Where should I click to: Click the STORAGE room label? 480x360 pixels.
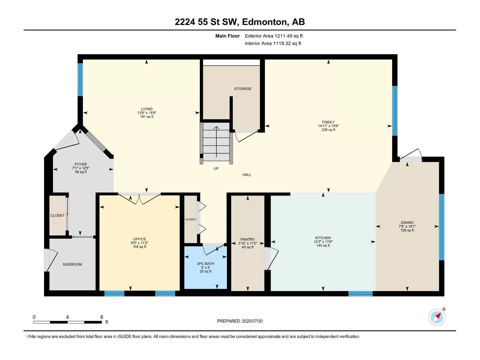[242, 88]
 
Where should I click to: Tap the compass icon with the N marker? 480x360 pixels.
[437, 317]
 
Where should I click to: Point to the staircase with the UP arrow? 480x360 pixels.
[216, 142]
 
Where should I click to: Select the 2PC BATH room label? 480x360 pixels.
[205, 264]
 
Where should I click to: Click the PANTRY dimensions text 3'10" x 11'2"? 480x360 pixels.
[247, 243]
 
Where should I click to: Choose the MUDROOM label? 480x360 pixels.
[72, 264]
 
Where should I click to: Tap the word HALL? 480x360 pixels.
[247, 175]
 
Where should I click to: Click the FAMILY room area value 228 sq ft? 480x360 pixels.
[328, 130]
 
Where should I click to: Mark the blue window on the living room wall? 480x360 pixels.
[80, 79]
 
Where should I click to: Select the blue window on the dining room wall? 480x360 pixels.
[442, 227]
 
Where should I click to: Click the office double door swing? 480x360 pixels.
[139, 199]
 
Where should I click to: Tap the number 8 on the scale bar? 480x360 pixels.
[102, 317]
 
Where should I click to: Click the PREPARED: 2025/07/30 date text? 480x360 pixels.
[240, 321]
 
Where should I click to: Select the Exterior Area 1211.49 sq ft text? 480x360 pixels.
[274, 36]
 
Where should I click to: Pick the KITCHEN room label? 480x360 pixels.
[323, 238]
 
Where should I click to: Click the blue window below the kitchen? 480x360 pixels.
[360, 294]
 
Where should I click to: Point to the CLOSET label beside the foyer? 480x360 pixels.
[57, 215]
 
